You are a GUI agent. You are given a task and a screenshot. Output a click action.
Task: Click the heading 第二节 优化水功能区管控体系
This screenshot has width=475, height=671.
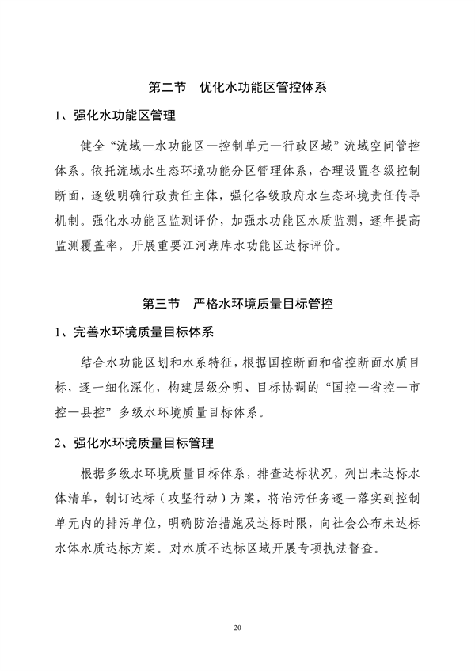click(x=237, y=85)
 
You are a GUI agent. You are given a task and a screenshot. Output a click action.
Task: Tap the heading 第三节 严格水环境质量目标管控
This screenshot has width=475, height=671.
click(x=237, y=303)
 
